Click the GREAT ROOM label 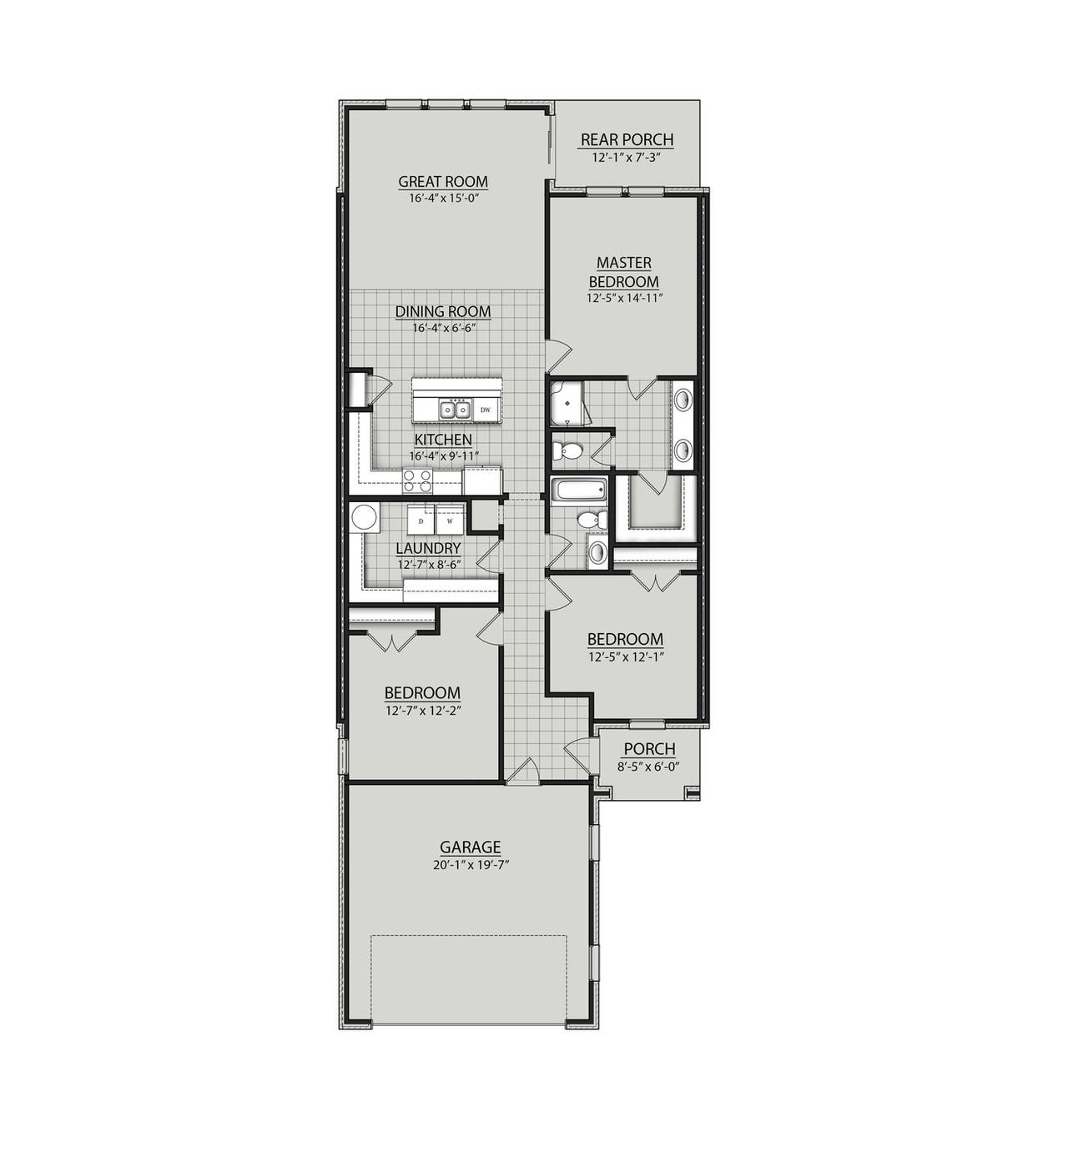point(443,182)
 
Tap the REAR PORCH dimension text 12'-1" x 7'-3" point(627,157)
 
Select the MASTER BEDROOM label point(624,272)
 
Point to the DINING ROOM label point(443,312)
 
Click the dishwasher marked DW point(486,410)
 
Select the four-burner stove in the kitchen point(418,480)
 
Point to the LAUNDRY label point(428,548)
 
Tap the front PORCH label point(649,749)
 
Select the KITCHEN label point(443,440)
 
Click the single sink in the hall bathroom point(597,551)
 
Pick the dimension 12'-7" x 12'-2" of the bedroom point(423,711)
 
